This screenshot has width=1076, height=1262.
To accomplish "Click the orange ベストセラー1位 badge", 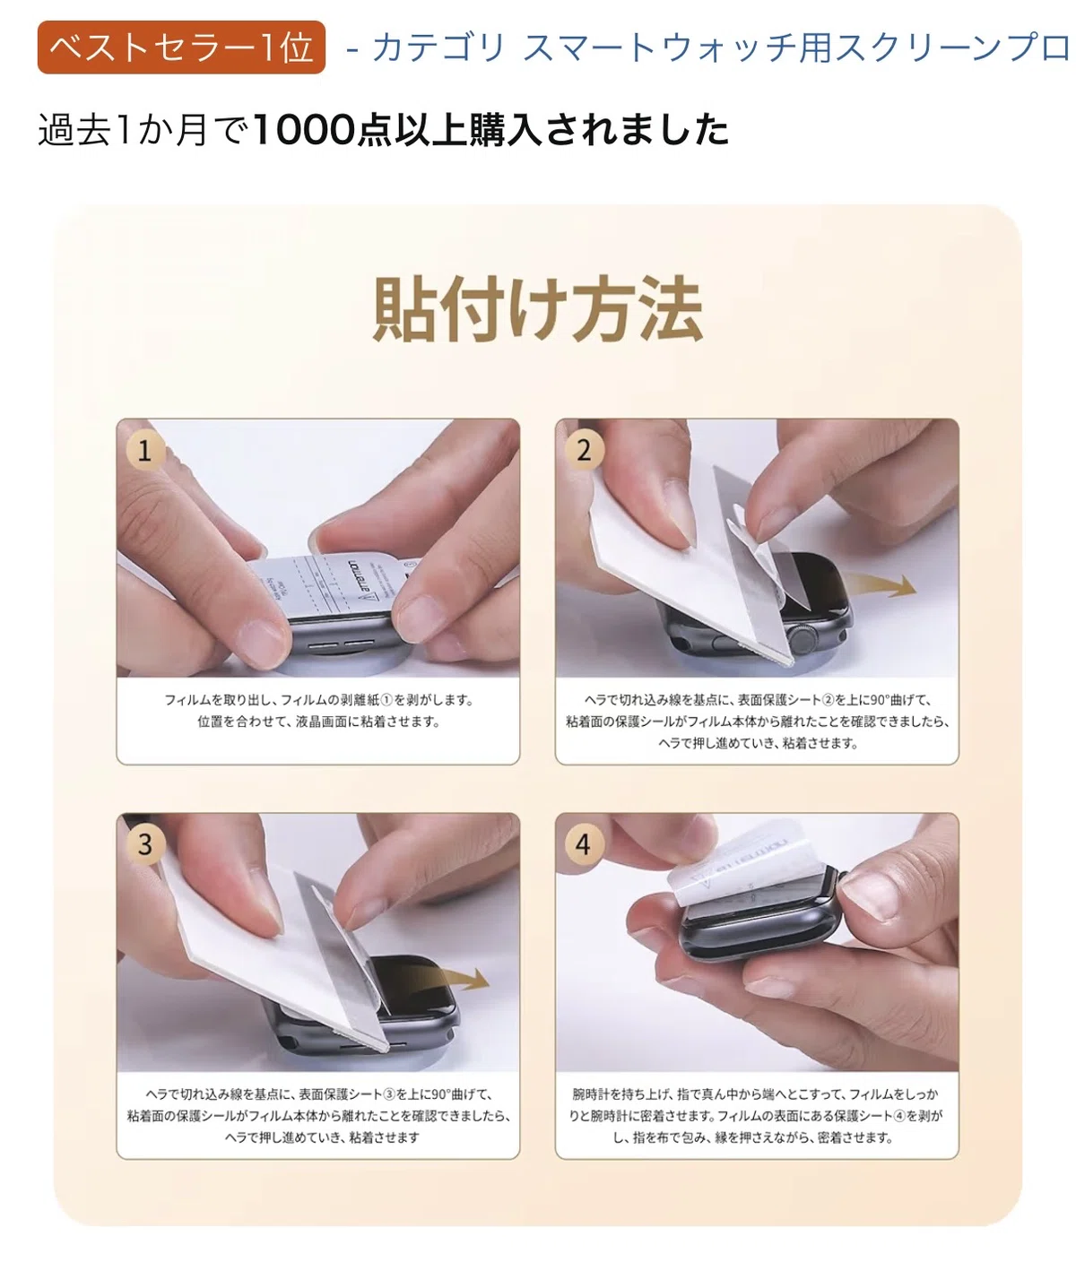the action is (x=181, y=47).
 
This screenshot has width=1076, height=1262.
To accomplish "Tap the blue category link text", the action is (x=708, y=47).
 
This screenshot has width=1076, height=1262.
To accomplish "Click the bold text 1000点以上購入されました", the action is (x=490, y=129).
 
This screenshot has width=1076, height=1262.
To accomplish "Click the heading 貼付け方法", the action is (x=537, y=308).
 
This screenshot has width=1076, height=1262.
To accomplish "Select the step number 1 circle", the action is (x=144, y=451).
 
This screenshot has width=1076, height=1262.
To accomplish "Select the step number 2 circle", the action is (x=584, y=451).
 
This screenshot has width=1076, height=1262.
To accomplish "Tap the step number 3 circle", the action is (x=144, y=844).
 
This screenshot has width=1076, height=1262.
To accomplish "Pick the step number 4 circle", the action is (x=584, y=844).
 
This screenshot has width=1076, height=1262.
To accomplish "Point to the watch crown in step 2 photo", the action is (x=803, y=638).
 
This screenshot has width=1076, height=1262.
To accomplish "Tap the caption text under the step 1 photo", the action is (x=318, y=711).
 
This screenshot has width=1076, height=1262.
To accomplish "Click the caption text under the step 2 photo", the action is (x=757, y=721).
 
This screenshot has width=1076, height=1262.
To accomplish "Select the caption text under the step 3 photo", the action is (x=318, y=1116).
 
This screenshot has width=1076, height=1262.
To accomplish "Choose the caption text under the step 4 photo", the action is (x=757, y=1116).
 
